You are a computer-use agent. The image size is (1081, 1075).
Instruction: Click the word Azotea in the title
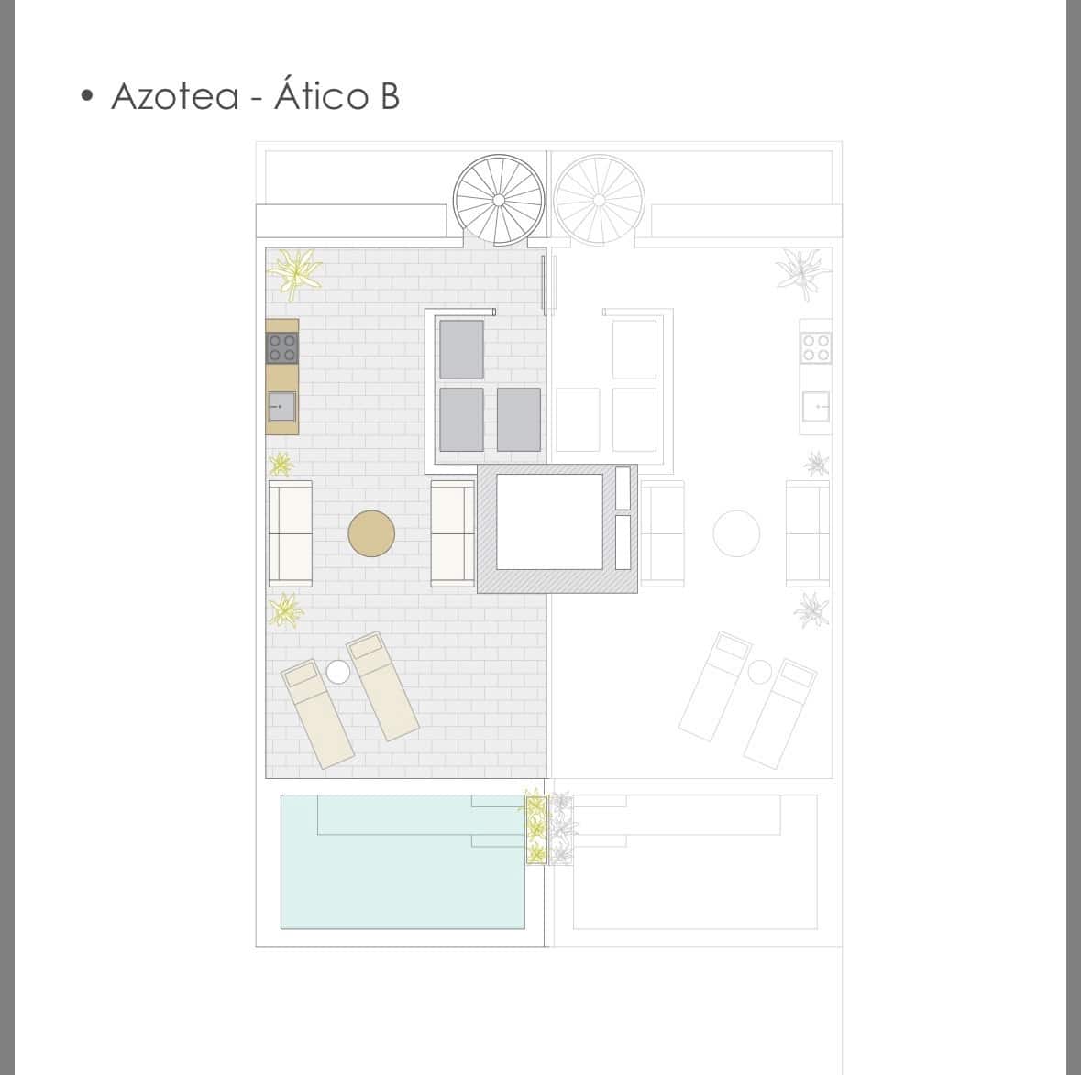tap(174, 96)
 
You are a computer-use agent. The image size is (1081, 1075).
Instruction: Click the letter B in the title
tap(389, 96)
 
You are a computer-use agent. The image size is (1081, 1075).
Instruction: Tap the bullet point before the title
tap(87, 95)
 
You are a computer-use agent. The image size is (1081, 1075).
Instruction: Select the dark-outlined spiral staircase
tap(499, 200)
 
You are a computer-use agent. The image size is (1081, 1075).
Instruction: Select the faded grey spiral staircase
tap(599, 200)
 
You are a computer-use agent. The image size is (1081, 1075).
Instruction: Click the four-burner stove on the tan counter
tap(281, 347)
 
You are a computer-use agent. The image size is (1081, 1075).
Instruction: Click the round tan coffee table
tap(371, 532)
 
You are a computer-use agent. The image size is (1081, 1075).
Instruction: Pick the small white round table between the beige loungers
tap(338, 672)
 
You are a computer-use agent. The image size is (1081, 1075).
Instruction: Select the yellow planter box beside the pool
tap(535, 830)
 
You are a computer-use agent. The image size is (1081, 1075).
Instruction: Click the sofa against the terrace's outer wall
tap(290, 532)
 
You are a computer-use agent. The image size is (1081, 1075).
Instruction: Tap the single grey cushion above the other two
tap(461, 349)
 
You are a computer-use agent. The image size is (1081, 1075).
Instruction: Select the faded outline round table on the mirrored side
tap(736, 532)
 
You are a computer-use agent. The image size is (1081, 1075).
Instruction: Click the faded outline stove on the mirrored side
tap(816, 347)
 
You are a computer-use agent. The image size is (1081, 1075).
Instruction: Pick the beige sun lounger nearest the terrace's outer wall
tap(318, 713)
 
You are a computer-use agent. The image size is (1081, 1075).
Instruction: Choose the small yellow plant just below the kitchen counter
tap(280, 464)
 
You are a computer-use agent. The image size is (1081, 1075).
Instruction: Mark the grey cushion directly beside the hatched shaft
tap(518, 420)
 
